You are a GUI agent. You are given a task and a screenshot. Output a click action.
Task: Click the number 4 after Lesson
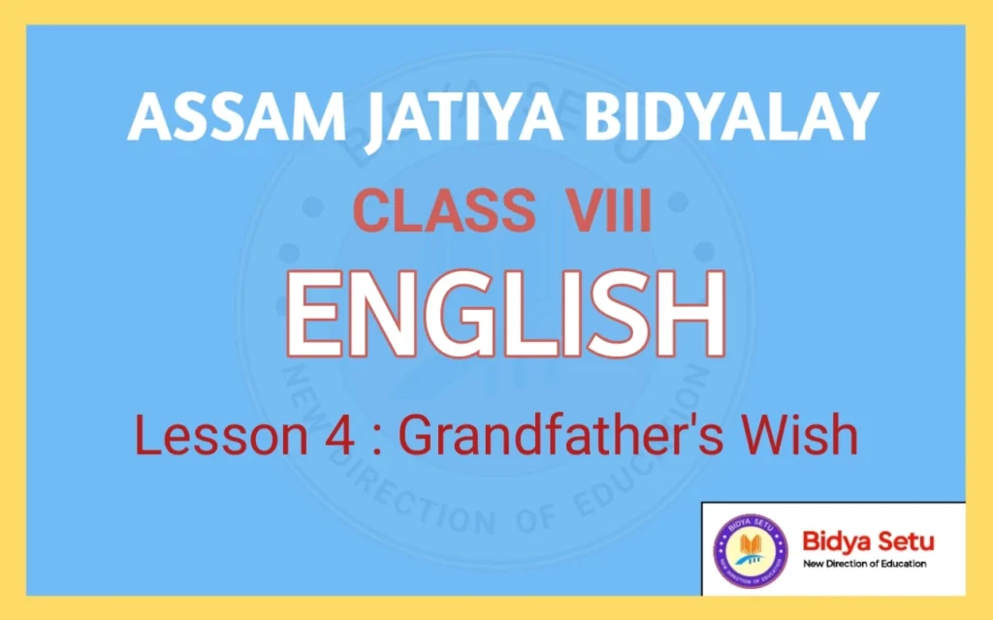[299, 436]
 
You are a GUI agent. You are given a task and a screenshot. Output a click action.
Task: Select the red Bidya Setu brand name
[868, 542]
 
